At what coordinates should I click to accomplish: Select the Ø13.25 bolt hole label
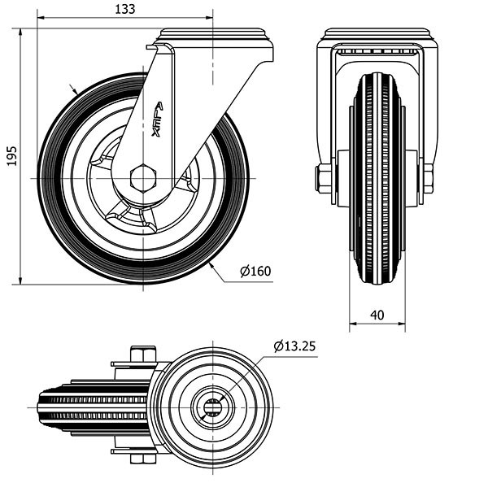pos(294,346)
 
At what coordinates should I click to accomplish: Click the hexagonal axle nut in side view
pos(143,177)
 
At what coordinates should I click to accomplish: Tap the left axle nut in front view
pos(324,179)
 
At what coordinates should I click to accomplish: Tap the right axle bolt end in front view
pos(427,178)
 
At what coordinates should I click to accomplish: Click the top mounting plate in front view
pos(377,37)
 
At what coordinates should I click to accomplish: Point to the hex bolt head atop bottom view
pos(143,354)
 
